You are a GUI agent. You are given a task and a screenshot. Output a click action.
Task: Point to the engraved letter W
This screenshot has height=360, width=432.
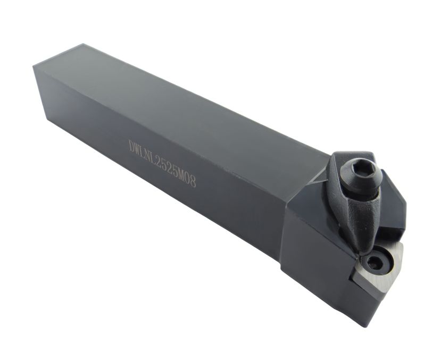pos(139,149)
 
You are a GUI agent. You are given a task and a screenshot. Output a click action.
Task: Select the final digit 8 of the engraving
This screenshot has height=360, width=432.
pos(194,181)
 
